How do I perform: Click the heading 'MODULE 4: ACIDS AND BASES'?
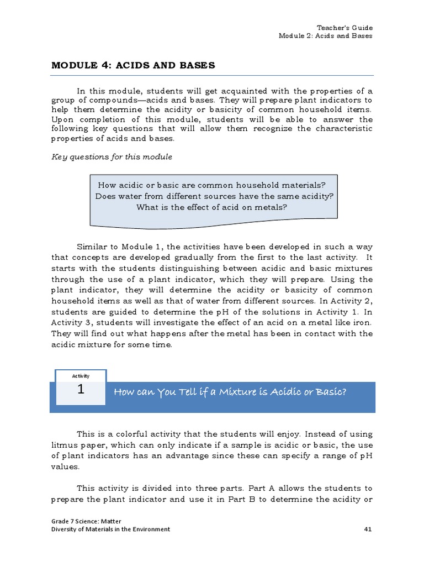click(x=133, y=65)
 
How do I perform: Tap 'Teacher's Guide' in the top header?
click(x=344, y=28)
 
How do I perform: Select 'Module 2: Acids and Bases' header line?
click(x=325, y=36)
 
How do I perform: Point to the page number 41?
click(x=368, y=529)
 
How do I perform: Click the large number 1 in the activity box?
click(x=81, y=390)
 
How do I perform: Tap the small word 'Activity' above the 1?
click(x=81, y=376)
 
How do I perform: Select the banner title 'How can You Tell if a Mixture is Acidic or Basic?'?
click(x=230, y=392)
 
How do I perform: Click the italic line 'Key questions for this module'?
click(x=112, y=156)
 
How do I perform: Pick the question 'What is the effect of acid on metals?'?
click(x=212, y=207)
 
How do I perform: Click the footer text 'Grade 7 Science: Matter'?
click(x=86, y=521)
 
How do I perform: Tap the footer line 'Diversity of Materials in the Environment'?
click(x=110, y=529)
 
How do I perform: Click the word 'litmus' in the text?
click(x=63, y=445)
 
